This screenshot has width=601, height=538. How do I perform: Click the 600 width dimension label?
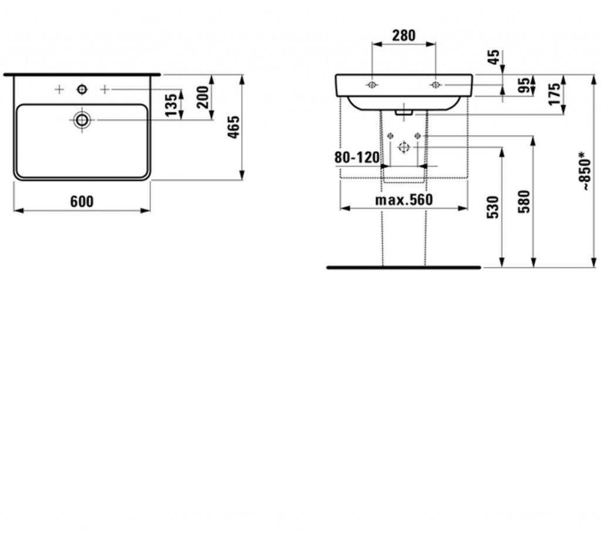(x=82, y=201)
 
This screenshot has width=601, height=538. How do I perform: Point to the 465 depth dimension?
(x=234, y=127)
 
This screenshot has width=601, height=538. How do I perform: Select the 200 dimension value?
(x=203, y=97)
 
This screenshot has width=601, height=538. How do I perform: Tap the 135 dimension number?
(x=171, y=104)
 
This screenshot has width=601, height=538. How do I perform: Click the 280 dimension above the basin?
(x=404, y=36)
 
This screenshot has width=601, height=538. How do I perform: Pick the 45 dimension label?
(x=494, y=57)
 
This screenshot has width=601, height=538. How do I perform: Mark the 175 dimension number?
(x=554, y=94)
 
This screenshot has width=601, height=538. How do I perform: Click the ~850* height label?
(x=585, y=170)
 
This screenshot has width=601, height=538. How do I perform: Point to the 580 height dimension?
(x=524, y=201)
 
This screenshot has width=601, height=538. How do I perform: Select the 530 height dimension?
(x=493, y=207)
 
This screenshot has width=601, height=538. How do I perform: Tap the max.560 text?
(x=404, y=200)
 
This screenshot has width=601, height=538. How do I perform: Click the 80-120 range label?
(x=357, y=157)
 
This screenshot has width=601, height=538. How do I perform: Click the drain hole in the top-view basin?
(x=82, y=120)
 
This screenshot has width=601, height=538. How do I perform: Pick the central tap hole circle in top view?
(x=82, y=89)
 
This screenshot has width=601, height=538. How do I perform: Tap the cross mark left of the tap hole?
(x=59, y=89)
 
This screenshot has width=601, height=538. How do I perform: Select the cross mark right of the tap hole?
(x=104, y=89)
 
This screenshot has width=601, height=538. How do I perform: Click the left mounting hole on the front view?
(x=372, y=85)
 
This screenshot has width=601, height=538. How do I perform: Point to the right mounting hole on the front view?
(x=435, y=85)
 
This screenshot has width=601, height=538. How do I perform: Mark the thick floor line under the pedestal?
(x=403, y=268)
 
